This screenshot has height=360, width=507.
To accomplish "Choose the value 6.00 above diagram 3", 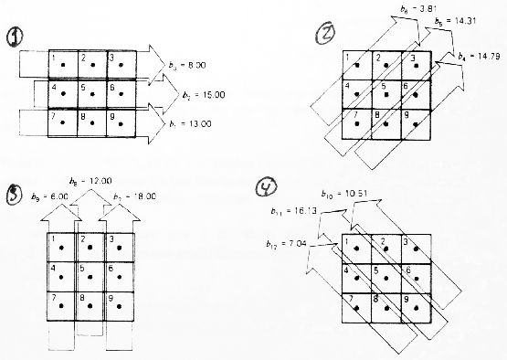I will [54, 197].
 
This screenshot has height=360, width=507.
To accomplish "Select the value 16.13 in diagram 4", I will [313, 210].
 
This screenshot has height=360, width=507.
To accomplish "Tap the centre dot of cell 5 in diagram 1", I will [91, 96].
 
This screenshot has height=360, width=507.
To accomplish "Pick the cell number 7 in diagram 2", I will [347, 116].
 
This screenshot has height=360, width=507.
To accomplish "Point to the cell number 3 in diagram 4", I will [407, 242].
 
